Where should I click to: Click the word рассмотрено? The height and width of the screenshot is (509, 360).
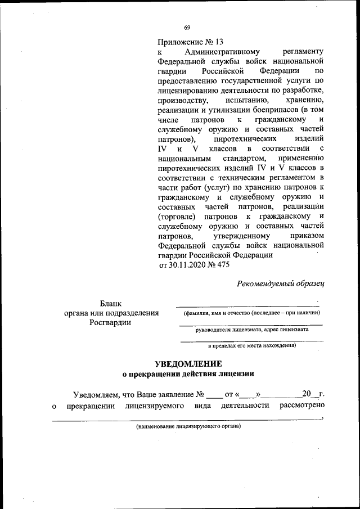coord(303,405)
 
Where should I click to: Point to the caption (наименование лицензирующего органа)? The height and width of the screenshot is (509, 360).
coord(188,426)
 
